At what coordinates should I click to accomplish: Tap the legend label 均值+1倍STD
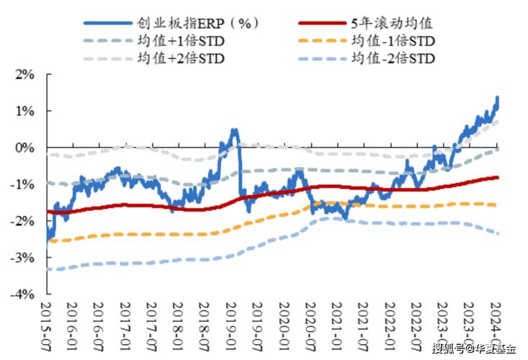(x=180, y=41)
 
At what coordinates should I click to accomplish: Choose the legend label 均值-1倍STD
(x=393, y=41)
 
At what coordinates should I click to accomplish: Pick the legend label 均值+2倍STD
(x=180, y=58)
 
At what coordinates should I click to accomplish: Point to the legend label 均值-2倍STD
(x=393, y=58)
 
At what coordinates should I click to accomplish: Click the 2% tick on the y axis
(x=24, y=74)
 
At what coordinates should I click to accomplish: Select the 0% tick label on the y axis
(x=24, y=148)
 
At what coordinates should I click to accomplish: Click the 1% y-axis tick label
(x=24, y=111)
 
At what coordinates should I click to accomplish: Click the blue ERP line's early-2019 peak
(x=234, y=131)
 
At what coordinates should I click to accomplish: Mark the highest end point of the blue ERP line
(x=497, y=97)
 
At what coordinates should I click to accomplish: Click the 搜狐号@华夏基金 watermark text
(x=473, y=349)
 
